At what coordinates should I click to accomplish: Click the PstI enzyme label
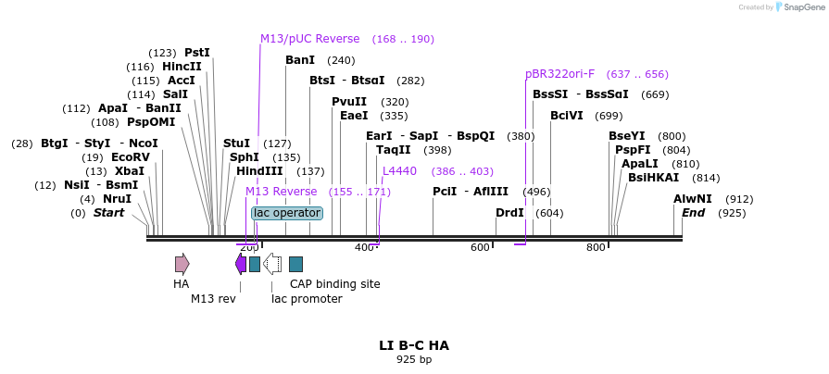click(x=197, y=53)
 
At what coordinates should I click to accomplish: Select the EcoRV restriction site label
click(x=131, y=157)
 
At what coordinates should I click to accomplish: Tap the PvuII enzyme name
click(x=349, y=102)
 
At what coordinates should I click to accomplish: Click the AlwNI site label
click(x=693, y=199)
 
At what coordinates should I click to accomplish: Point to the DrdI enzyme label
click(x=509, y=213)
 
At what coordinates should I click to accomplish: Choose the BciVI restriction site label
click(x=567, y=116)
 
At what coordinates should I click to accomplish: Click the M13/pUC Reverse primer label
click(x=309, y=39)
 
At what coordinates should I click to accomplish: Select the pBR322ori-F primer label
click(x=559, y=74)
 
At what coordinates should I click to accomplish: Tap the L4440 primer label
click(x=399, y=171)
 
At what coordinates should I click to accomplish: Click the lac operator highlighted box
click(x=287, y=213)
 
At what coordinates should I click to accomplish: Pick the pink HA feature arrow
click(x=182, y=264)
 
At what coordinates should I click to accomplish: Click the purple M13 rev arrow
click(x=241, y=264)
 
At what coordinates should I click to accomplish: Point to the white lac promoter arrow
click(x=273, y=264)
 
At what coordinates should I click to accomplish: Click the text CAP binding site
click(x=334, y=284)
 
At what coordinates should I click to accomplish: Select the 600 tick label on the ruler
click(x=480, y=247)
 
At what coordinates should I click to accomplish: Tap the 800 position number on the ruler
click(x=596, y=247)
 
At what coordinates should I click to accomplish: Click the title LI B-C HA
click(x=414, y=345)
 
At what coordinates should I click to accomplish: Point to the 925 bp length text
click(x=414, y=359)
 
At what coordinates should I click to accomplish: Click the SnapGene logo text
click(x=803, y=7)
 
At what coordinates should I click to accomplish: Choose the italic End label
click(x=693, y=213)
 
